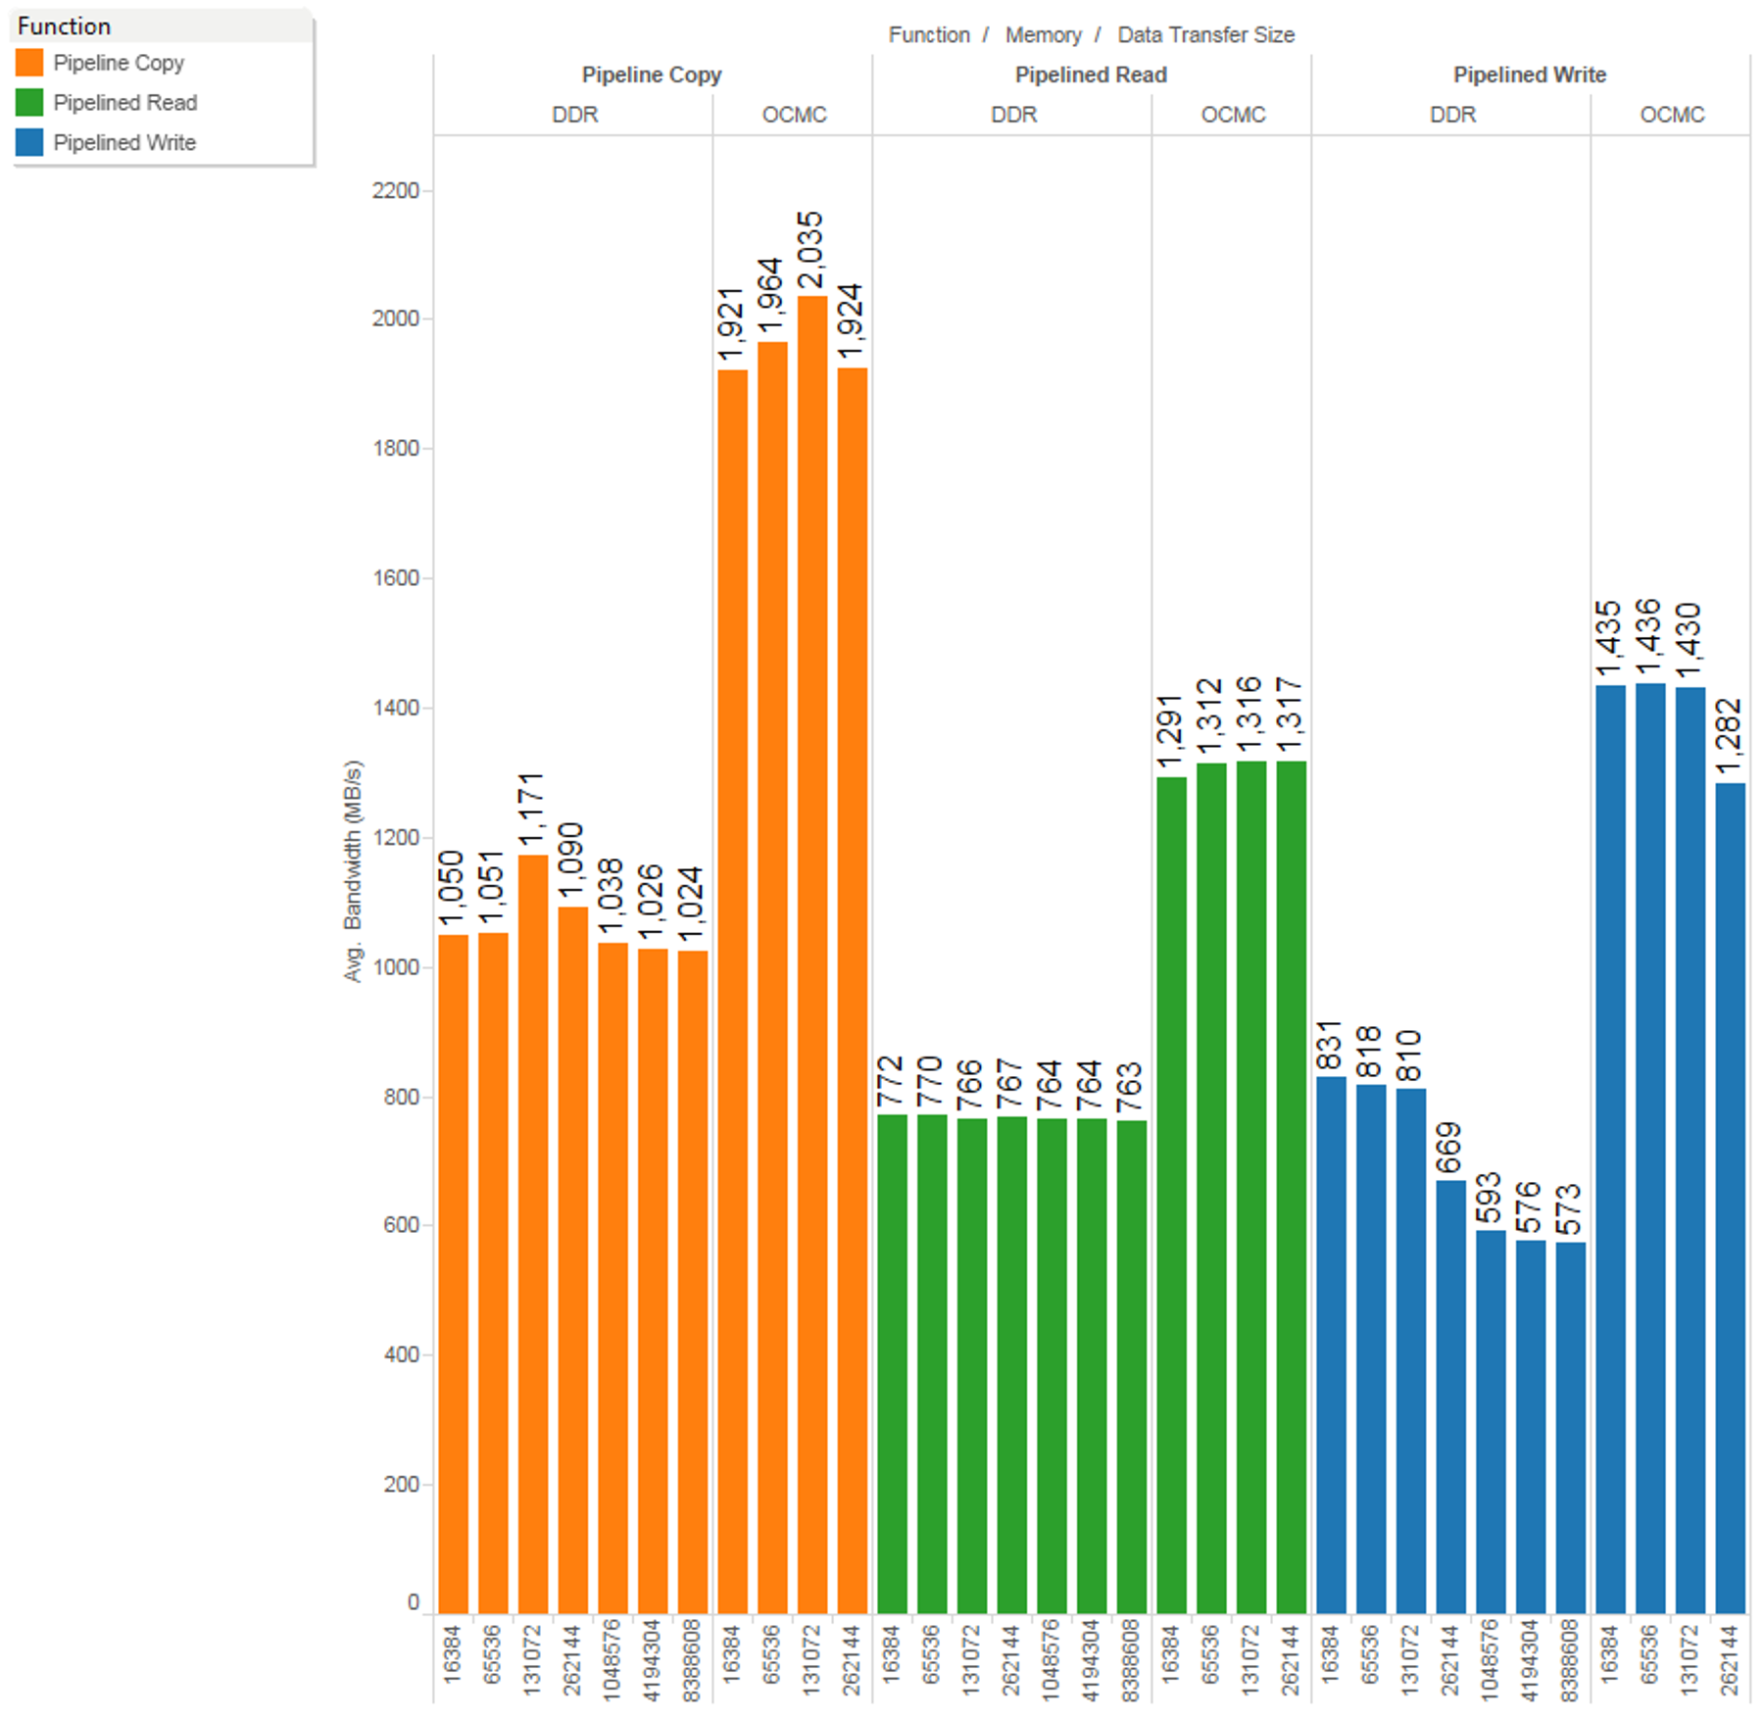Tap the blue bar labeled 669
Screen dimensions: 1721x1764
[x=1450, y=1396]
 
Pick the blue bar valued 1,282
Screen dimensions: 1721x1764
[x=1730, y=1197]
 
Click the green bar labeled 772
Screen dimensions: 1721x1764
[x=892, y=1362]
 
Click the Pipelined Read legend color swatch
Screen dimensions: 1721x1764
[x=29, y=103]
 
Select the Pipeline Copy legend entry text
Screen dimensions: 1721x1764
[x=119, y=63]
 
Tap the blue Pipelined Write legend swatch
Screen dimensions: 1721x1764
[x=29, y=143]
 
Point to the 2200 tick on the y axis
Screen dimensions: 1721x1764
[x=396, y=190]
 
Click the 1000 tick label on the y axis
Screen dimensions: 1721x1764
[x=396, y=967]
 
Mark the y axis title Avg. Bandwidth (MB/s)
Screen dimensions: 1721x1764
[x=353, y=870]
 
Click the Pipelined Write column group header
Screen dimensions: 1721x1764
[x=1529, y=74]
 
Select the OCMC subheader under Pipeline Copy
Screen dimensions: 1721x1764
[x=794, y=115]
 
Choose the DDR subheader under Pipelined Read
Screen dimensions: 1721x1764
[x=1013, y=115]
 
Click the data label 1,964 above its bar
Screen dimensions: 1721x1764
[x=771, y=296]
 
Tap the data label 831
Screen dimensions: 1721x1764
[x=1330, y=1046]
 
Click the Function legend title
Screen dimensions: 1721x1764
[x=64, y=26]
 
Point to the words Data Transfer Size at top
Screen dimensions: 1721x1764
[x=1205, y=35]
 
